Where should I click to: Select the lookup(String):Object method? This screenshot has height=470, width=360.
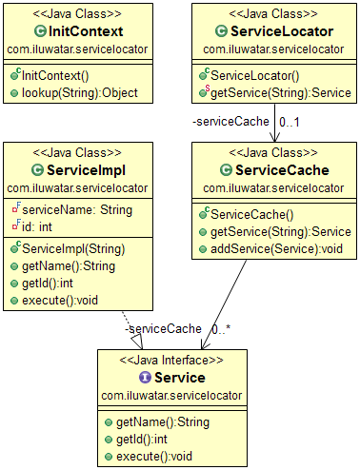coord(72,92)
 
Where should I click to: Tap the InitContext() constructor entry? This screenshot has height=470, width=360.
coord(61,75)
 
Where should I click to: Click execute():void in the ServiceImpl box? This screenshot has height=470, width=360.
coord(60,300)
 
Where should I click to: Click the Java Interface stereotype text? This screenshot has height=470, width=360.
coord(172,360)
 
